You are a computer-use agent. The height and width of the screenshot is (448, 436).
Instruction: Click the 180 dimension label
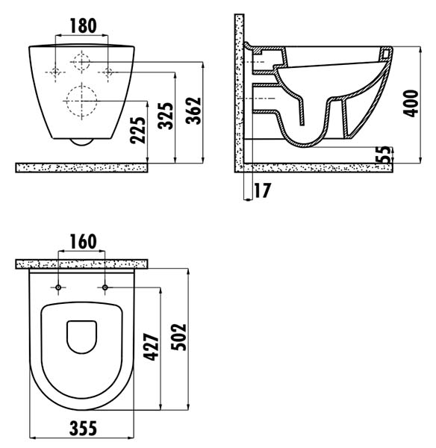(83, 25)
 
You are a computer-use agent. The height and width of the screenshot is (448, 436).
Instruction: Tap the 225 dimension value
(137, 130)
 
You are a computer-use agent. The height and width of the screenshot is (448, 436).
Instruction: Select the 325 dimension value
(166, 116)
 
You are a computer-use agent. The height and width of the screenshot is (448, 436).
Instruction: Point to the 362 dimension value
(193, 111)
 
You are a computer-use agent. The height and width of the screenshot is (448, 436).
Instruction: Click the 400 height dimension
(411, 103)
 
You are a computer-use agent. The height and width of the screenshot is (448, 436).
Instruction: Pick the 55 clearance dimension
(385, 155)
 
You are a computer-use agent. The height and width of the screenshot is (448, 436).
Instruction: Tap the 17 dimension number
(262, 190)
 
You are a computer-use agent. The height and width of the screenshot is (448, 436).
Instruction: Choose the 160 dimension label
(83, 242)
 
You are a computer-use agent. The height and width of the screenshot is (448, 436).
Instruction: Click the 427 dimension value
(151, 346)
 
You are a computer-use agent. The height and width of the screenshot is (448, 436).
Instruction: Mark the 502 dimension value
(178, 337)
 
